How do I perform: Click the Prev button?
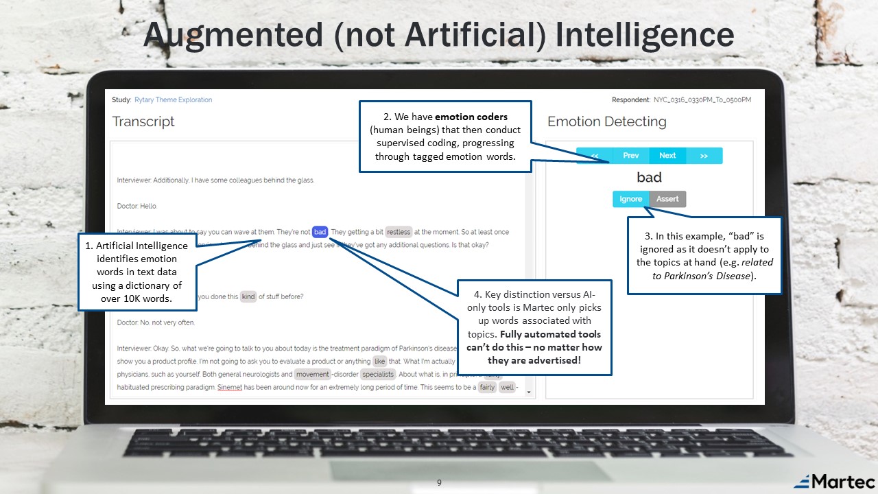(x=630, y=156)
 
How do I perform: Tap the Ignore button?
(x=630, y=199)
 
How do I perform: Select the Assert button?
(x=667, y=199)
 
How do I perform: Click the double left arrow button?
(x=594, y=156)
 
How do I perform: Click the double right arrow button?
(x=704, y=156)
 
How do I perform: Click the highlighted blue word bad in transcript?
(x=320, y=232)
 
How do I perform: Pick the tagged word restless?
(x=399, y=232)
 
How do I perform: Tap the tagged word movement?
(x=313, y=374)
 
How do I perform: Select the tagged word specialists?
(x=378, y=374)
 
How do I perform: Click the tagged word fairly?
(x=487, y=388)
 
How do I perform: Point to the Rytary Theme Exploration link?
(x=173, y=100)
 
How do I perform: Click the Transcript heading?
(x=143, y=121)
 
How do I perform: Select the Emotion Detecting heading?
(x=606, y=122)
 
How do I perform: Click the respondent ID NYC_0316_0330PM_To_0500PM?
(x=702, y=100)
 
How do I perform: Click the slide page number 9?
(x=439, y=483)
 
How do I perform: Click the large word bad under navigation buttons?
(x=649, y=178)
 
